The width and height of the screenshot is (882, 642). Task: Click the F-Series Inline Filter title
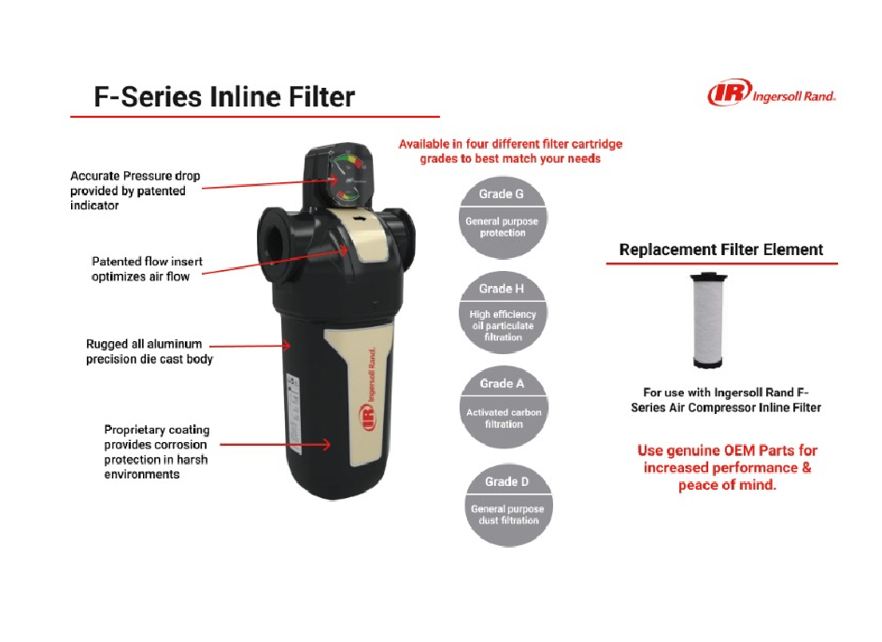click(x=224, y=97)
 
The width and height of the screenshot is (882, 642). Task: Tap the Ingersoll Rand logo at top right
click(x=772, y=93)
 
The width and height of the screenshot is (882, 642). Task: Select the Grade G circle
click(x=503, y=217)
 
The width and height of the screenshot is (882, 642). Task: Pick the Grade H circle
click(x=503, y=312)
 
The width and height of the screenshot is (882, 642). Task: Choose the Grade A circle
click(x=503, y=407)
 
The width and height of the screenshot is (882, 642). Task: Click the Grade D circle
click(x=508, y=505)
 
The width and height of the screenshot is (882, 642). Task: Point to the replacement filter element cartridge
click(x=708, y=321)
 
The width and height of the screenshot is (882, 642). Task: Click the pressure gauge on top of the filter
click(x=347, y=178)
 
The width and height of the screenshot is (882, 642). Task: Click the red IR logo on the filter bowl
click(x=367, y=418)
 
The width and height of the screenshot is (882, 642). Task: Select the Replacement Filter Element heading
click(x=720, y=250)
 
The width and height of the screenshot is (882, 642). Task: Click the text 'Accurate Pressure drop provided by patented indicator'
click(x=135, y=191)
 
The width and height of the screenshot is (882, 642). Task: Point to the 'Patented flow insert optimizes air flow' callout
click(x=147, y=269)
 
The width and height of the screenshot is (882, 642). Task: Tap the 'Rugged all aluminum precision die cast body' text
click(x=149, y=351)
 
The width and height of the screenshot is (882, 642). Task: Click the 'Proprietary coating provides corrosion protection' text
click(x=156, y=451)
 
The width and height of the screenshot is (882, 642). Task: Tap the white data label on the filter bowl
click(x=293, y=414)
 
